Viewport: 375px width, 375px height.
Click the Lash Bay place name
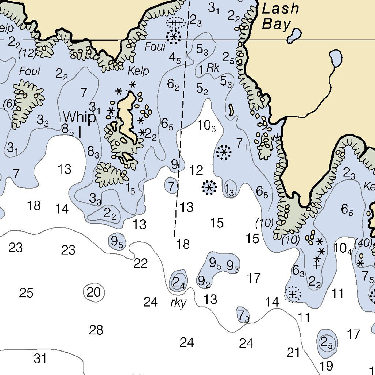pos(280,16)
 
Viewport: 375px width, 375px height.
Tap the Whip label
pos(79,118)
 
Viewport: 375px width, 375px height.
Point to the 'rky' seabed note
pos(179,303)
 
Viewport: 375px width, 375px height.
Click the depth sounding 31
pos(40,358)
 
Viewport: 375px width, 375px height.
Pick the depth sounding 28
pos(96,330)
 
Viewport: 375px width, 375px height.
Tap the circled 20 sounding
pos(94,292)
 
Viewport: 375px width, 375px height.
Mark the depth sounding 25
pos(26,293)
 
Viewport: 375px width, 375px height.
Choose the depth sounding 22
pos(141,263)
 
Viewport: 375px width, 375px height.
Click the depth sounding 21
pos(293,353)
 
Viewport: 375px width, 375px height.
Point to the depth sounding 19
pos(326,365)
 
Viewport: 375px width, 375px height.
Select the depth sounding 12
pos(197,170)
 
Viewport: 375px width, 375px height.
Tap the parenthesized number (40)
pos(363,243)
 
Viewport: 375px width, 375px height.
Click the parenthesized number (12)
pos(27,54)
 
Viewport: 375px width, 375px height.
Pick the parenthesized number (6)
pos(8,104)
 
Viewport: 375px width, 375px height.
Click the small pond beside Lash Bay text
pos(294,35)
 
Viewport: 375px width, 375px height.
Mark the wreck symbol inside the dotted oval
pos(175,23)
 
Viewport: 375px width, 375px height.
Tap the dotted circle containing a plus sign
pos(293,294)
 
